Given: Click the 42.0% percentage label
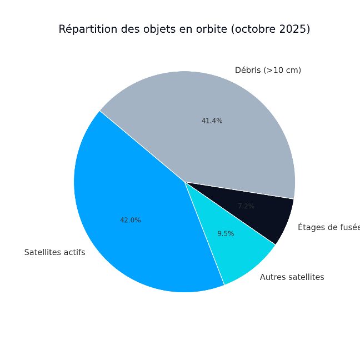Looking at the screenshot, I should [x=131, y=220].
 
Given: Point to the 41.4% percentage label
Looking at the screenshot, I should [x=212, y=121].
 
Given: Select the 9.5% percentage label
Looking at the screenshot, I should [x=226, y=234].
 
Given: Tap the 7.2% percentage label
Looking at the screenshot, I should [x=246, y=206].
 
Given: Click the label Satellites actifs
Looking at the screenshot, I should [x=54, y=252].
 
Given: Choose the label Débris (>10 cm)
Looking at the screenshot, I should [x=268, y=70].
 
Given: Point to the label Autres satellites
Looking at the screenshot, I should [x=292, y=277].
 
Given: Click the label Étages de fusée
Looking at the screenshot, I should [x=328, y=227].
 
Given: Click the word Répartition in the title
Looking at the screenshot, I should [x=86, y=29].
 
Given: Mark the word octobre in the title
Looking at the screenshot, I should [x=253, y=29].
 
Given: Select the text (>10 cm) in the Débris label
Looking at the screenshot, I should [x=282, y=70].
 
